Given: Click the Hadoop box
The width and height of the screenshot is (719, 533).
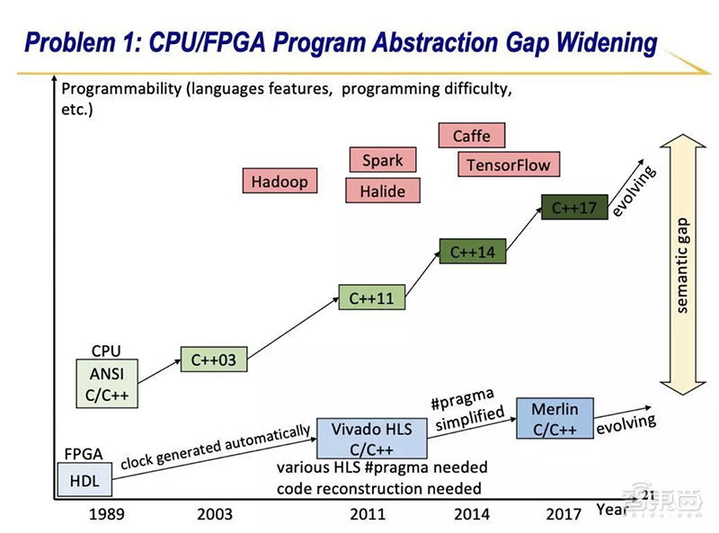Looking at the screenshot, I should click(280, 181).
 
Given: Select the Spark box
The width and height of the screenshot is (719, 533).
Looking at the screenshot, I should click(382, 160).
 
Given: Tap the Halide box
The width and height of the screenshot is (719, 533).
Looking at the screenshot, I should click(382, 191).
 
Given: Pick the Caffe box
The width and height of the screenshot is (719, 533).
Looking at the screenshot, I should click(471, 136).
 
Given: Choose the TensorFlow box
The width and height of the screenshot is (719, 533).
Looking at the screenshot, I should click(508, 164).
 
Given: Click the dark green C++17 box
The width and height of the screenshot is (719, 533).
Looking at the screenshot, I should click(573, 208).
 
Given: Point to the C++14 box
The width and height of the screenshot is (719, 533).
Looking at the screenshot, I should click(472, 252).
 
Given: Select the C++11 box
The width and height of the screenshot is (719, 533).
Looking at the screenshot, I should click(371, 298).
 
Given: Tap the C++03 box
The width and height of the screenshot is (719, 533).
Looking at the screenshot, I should click(214, 360).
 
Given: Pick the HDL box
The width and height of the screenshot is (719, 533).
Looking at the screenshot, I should click(84, 481).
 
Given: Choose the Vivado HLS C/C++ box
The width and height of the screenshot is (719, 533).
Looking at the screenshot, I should click(371, 438).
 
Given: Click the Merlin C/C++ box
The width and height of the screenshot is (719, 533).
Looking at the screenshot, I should click(555, 419).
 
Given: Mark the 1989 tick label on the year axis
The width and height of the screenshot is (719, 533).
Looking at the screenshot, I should click(106, 514).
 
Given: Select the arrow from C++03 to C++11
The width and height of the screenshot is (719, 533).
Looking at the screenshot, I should click(293, 329).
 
